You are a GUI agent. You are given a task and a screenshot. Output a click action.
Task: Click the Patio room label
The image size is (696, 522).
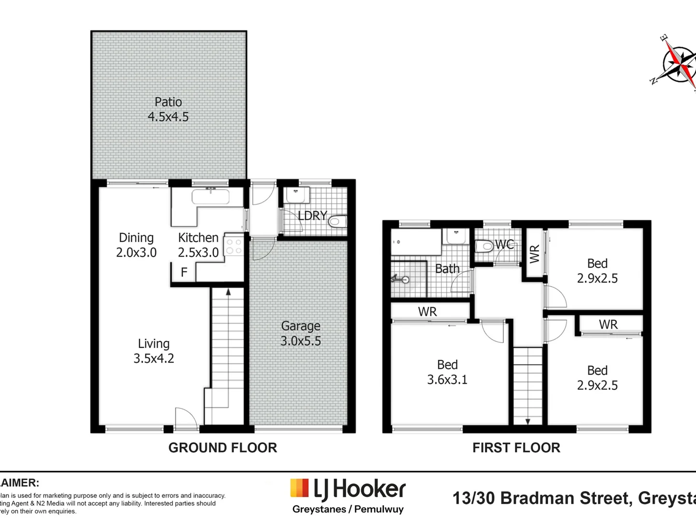(168, 102)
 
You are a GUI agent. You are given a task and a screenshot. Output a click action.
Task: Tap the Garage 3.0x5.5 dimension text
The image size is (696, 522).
(301, 341)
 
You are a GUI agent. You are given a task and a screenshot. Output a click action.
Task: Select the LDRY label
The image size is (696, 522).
(312, 216)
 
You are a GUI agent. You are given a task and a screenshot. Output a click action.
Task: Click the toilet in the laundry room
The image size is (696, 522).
(336, 222)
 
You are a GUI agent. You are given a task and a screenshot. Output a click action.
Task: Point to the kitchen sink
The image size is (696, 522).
(210, 196)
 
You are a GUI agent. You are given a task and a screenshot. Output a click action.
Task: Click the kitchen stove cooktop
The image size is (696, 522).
(234, 246)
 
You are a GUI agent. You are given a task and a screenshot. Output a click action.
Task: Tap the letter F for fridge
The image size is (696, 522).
(184, 273)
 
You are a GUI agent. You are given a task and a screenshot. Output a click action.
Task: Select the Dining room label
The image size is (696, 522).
(136, 238)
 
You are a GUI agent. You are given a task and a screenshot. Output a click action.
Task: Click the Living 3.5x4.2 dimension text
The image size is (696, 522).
(154, 358)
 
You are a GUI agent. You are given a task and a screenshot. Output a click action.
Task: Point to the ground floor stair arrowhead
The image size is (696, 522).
(228, 291)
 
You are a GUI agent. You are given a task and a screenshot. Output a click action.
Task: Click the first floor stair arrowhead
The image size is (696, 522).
(528, 421)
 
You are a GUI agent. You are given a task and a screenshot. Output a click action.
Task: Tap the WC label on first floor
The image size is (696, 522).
(504, 245)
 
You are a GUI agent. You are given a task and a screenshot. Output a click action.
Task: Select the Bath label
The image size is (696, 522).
(447, 269)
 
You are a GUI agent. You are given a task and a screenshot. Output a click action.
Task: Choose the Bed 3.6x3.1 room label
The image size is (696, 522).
(447, 372)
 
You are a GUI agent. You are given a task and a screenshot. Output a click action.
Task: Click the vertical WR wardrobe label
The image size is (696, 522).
(535, 254)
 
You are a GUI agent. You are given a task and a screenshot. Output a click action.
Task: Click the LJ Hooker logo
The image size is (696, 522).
(348, 490)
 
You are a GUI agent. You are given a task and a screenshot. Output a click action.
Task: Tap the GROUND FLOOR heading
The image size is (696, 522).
(222, 448)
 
